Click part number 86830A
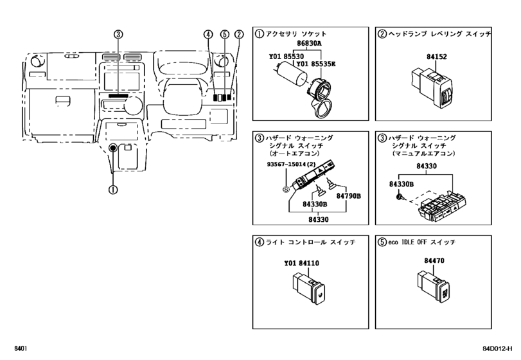pos(309,43)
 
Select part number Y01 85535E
pos(315,64)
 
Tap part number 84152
pos(437,57)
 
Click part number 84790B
pos(348,196)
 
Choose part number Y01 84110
pos(301,264)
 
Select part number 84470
pos(434,260)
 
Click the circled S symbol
pos(286,190)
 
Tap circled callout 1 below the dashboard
pos(113,190)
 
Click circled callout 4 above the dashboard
pos(208,34)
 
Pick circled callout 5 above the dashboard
pos(225,34)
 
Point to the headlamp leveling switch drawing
pos(431,89)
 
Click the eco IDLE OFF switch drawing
pos(433,287)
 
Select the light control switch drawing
pos(308,288)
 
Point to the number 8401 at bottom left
pos(21,348)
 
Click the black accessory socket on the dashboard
pos(113,148)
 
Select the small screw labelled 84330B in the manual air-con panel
pos(400,197)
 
